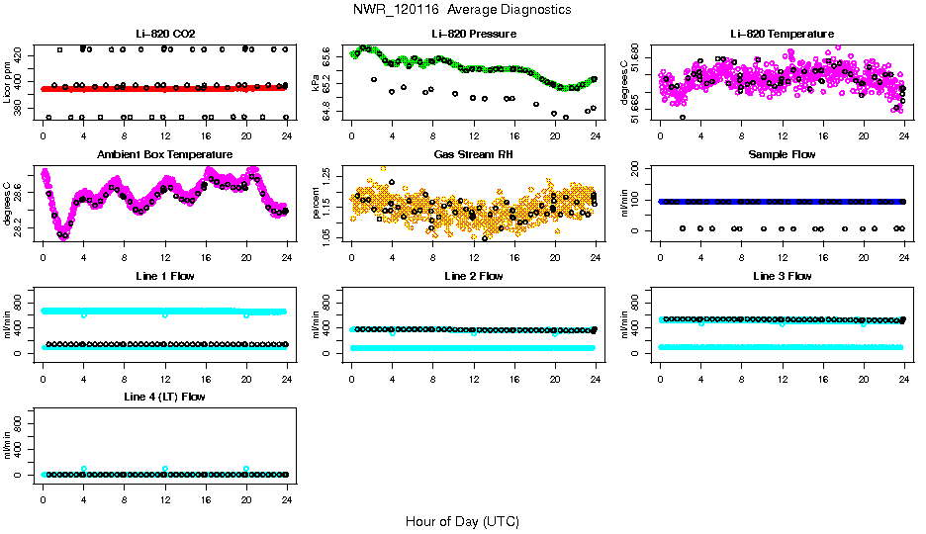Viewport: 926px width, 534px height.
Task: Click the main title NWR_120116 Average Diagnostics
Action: point(462,10)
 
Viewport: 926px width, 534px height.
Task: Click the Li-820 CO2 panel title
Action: point(164,34)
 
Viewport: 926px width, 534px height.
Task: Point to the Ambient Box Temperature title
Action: point(164,155)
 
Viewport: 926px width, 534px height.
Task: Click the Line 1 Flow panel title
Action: point(164,276)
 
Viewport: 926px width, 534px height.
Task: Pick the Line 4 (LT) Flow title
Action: point(164,397)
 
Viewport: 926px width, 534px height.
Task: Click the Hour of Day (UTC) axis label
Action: point(462,521)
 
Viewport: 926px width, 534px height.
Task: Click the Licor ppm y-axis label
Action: point(8,83)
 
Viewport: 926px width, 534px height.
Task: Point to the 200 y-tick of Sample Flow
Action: point(640,170)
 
